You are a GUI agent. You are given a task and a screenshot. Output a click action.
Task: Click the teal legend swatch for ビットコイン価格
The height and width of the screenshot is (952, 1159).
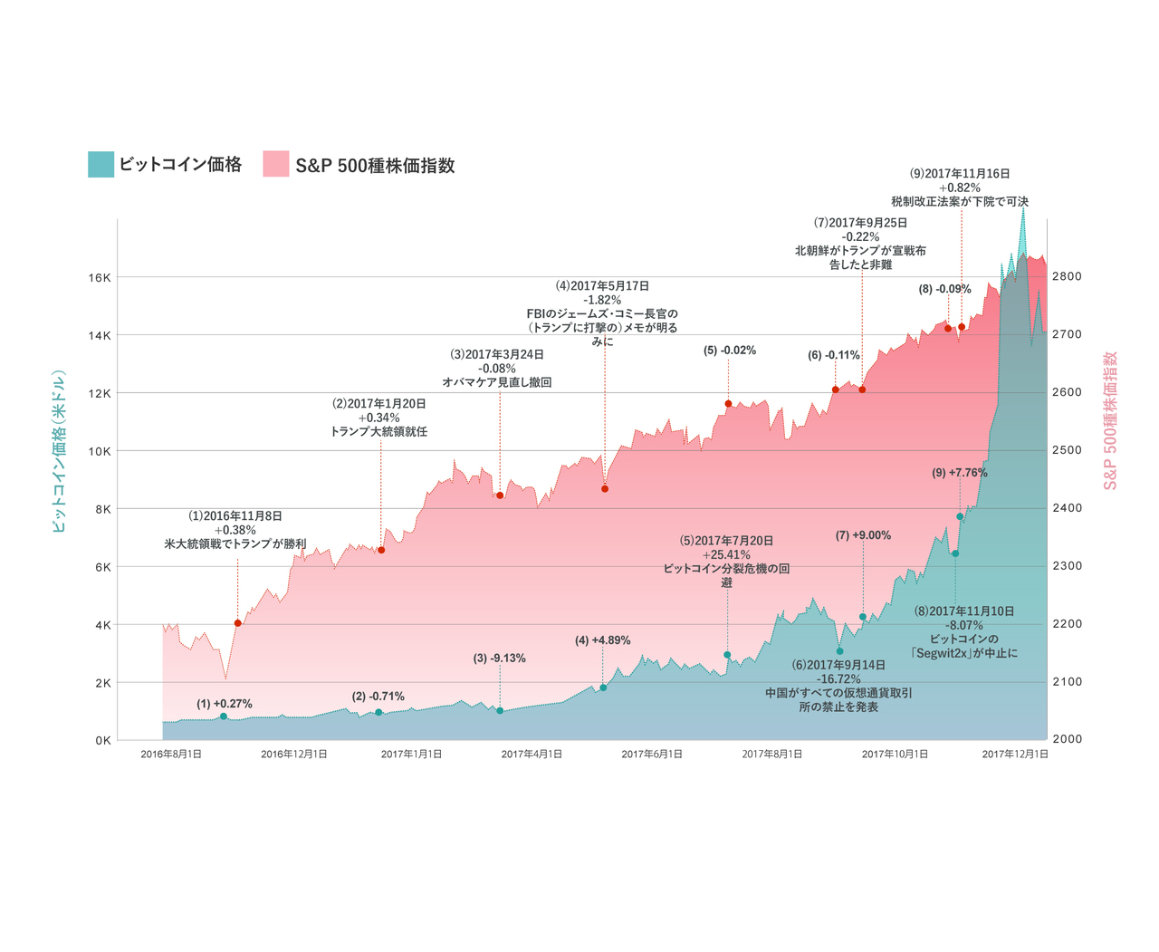(x=101, y=164)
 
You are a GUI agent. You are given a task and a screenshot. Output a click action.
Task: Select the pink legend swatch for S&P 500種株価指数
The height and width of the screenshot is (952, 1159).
(x=276, y=164)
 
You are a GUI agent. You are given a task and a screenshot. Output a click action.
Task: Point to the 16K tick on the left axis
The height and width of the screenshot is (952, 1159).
(x=99, y=277)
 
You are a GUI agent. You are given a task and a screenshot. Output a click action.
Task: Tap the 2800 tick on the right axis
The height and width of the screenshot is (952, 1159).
(x=1067, y=276)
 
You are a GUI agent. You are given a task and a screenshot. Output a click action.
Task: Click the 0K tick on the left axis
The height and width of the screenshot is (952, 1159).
(x=102, y=740)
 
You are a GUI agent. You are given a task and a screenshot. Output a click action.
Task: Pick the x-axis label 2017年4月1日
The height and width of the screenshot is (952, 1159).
(x=532, y=754)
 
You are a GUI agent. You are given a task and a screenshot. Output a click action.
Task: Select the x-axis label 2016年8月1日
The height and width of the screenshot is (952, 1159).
(x=171, y=754)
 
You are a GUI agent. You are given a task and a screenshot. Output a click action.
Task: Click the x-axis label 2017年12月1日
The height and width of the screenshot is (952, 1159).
(x=1015, y=754)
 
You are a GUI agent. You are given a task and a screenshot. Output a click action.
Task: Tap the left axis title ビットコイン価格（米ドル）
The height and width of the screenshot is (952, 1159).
(x=60, y=450)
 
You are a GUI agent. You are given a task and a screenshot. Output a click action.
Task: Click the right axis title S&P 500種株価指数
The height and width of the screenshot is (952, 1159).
(x=1110, y=420)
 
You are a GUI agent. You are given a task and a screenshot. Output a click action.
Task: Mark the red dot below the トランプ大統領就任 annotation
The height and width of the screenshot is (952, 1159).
(x=381, y=550)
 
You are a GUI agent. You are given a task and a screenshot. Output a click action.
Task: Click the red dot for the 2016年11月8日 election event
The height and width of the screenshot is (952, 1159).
(x=238, y=623)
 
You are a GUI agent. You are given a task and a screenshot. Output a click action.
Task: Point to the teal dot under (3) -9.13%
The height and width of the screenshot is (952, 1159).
(x=500, y=711)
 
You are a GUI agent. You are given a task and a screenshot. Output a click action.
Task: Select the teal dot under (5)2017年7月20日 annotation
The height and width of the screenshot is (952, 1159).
(x=727, y=655)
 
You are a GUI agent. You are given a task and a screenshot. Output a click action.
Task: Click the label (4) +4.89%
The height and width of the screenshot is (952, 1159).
(x=602, y=640)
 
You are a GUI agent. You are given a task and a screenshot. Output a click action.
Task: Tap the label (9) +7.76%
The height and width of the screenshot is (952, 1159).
(x=960, y=473)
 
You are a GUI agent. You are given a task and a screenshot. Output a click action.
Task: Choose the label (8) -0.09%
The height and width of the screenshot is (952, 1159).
(x=944, y=289)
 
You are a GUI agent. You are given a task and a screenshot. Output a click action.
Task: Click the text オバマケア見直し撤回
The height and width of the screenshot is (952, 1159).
(x=497, y=382)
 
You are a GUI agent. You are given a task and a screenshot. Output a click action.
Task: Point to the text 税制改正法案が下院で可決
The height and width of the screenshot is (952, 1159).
(x=960, y=201)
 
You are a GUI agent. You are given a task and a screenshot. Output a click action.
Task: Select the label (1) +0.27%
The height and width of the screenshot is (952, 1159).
(x=225, y=704)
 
